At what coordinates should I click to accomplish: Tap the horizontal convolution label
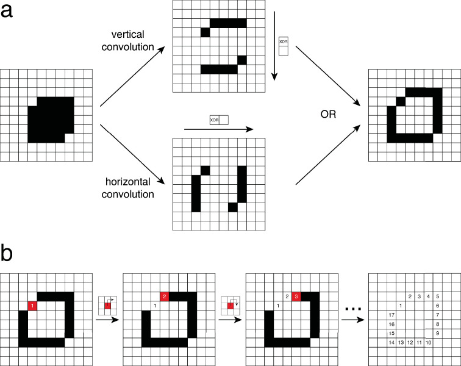tap(127, 189)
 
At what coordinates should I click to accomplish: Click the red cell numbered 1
tap(33, 305)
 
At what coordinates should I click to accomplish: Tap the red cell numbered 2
tap(164, 296)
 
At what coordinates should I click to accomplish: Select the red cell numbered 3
tap(296, 296)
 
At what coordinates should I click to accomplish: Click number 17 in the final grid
tap(391, 315)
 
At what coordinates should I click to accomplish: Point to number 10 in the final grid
tap(429, 343)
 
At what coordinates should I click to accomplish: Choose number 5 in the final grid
tap(438, 296)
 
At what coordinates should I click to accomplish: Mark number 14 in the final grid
tap(391, 343)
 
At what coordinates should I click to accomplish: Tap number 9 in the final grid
tap(438, 333)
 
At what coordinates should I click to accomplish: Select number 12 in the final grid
tap(410, 343)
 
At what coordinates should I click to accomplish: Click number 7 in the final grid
tap(438, 315)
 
